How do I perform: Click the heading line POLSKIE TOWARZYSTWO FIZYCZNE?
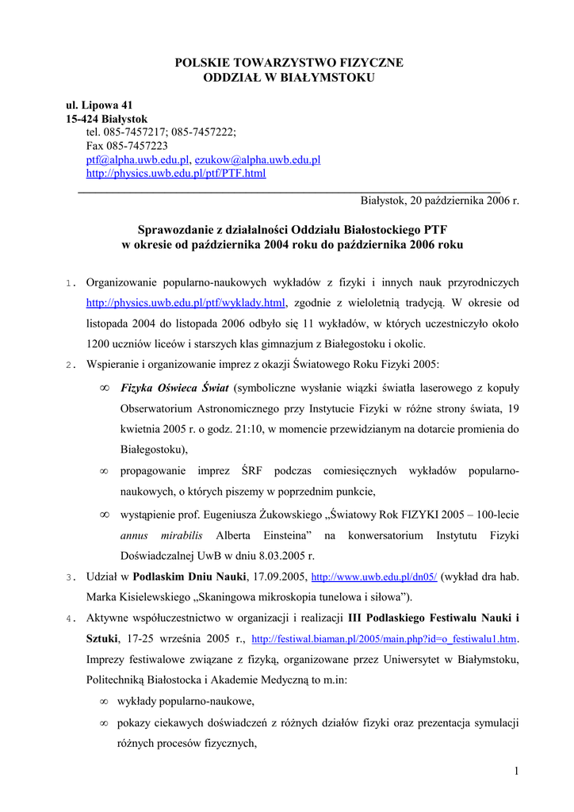point(289,63)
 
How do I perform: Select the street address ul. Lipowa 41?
point(99,105)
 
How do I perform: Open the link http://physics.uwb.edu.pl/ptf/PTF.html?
point(175,173)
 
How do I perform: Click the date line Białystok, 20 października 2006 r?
point(439,201)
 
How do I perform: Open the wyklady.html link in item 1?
point(186,303)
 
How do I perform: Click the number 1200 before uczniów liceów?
point(98,344)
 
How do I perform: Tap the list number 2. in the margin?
point(70,365)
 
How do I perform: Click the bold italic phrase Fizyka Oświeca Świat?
point(174,388)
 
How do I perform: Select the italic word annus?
point(135,535)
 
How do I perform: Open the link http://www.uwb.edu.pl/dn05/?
point(374,577)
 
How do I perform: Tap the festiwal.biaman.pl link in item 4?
point(385,639)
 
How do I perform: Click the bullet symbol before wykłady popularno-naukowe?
point(104,702)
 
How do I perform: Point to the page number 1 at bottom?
point(515,772)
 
